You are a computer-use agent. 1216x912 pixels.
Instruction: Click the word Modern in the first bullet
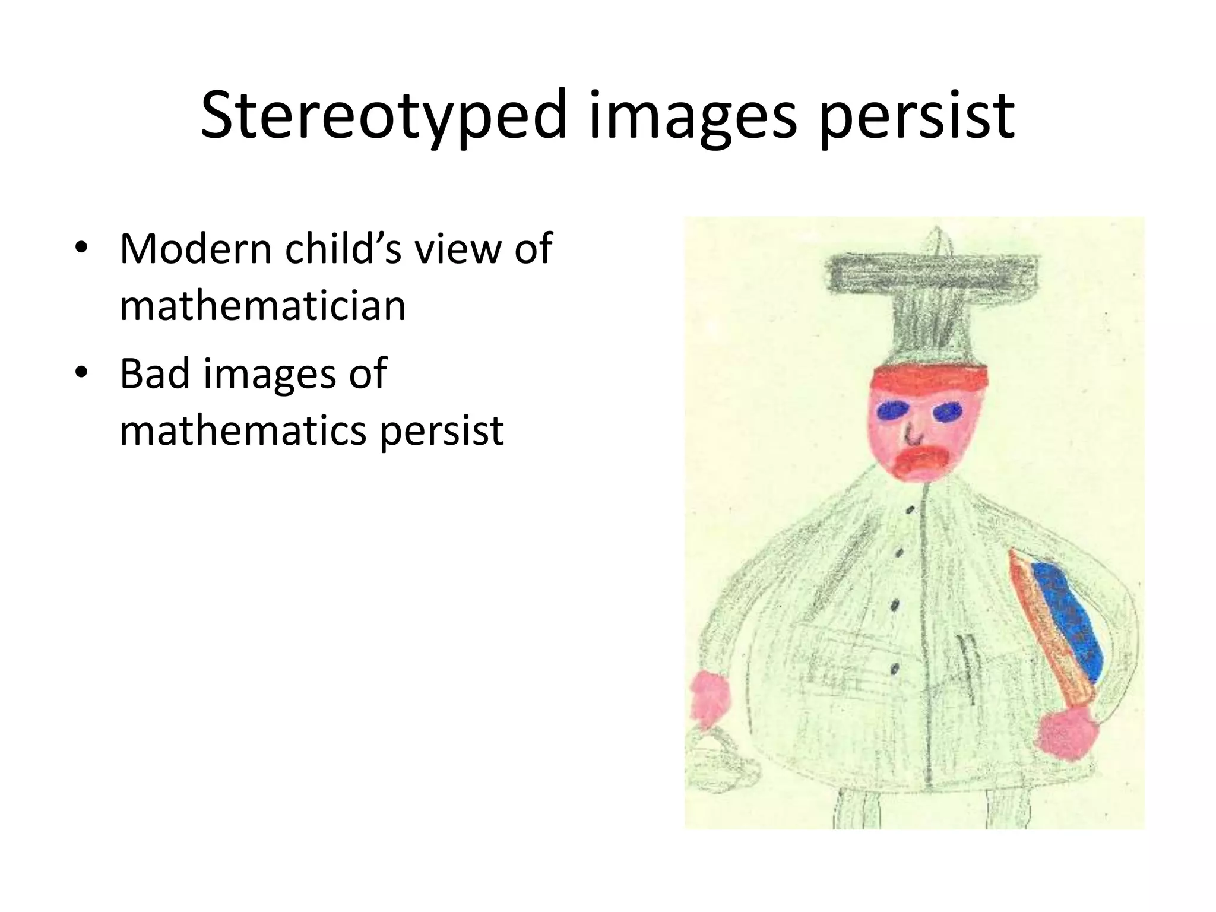[195, 249]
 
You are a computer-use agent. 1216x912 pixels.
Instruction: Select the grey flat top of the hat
[933, 274]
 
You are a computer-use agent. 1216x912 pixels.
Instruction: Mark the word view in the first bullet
[458, 249]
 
